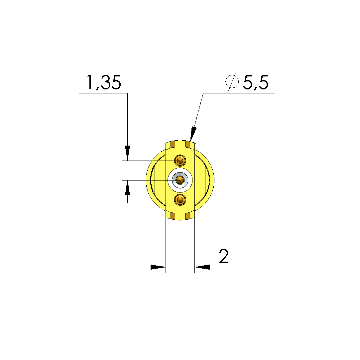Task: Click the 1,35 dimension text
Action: click(104, 82)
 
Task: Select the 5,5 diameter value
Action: click(256, 82)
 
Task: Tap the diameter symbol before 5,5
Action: click(232, 82)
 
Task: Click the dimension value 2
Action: click(224, 256)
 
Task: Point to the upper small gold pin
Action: click(180, 160)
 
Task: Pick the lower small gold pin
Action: click(180, 199)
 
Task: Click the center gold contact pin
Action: click(180, 180)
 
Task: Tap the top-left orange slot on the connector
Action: click(173, 145)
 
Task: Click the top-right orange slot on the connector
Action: click(187, 145)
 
